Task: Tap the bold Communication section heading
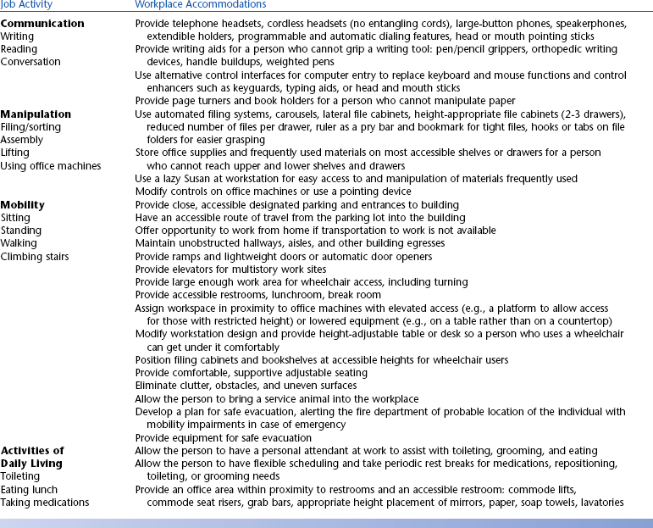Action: coord(42,24)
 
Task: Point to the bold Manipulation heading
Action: coord(36,114)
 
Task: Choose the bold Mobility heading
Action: coord(23,205)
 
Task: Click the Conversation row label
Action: coord(30,62)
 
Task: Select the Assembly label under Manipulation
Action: coord(20,140)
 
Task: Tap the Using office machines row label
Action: coord(51,166)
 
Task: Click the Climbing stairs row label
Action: coord(35,256)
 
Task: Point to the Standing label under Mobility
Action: coord(21,231)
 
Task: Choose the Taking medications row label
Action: coord(45,503)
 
